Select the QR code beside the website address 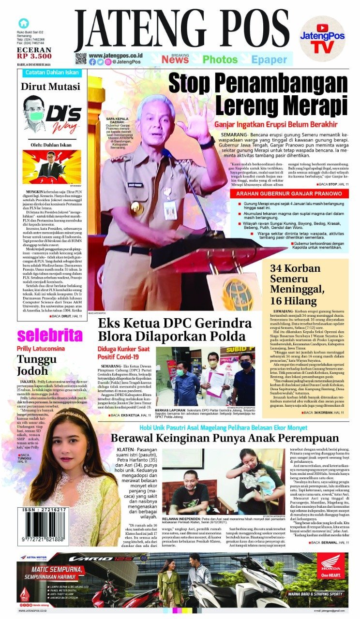click(81, 59)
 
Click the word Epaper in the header click(269, 59)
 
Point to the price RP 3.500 click(33, 55)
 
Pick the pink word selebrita click(50, 335)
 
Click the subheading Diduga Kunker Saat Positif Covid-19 click(125, 353)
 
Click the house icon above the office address click(23, 23)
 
